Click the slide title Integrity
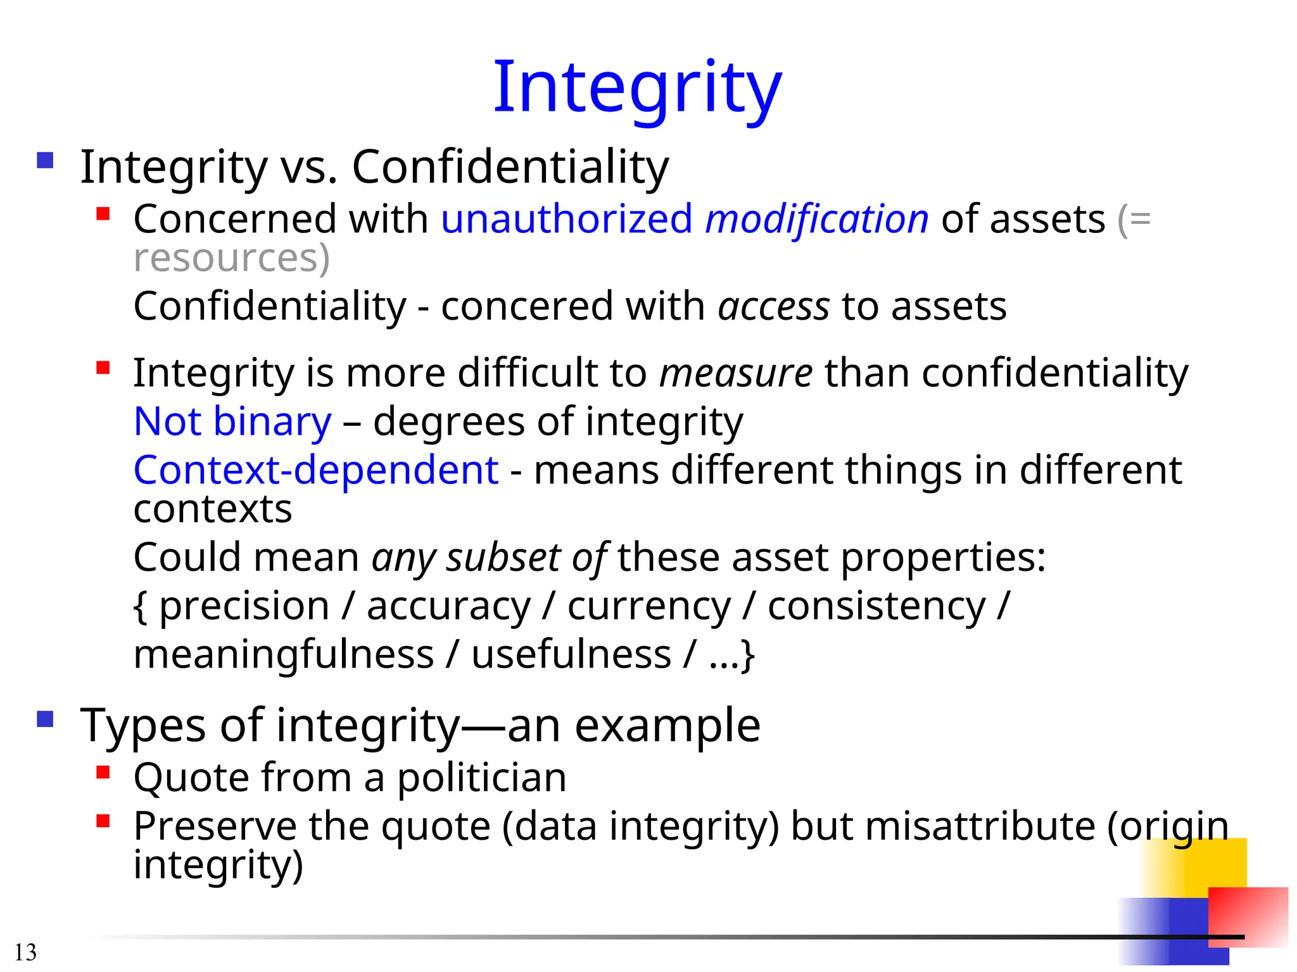coord(637,87)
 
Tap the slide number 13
coord(25,952)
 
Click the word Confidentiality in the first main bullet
coord(510,166)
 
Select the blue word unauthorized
coord(567,219)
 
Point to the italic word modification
coord(817,219)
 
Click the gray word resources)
coord(232,258)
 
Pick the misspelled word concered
coord(527,306)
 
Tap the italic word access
coord(773,306)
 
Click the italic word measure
coord(736,372)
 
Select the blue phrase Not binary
coord(232,421)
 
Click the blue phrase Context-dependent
coord(316,470)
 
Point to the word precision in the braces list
coord(244,606)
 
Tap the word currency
coord(649,606)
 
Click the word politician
coord(481,777)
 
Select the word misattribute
coord(980,826)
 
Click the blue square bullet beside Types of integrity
coord(45,720)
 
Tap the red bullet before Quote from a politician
coord(103,772)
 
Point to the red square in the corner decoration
coord(1248,914)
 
